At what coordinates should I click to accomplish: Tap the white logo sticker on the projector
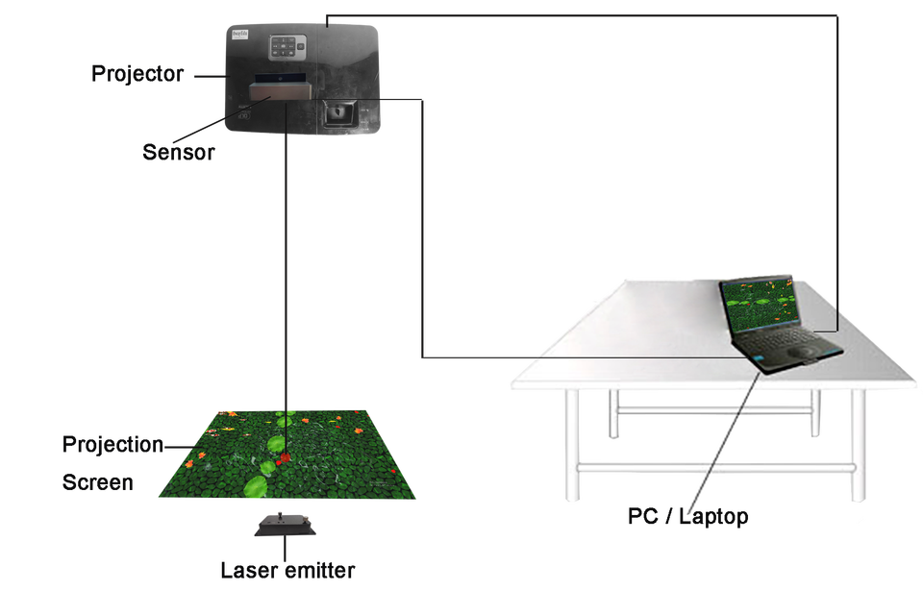(239, 36)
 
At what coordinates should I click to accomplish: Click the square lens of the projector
(337, 112)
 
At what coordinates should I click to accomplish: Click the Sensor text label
(178, 152)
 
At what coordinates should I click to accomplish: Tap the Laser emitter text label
(287, 571)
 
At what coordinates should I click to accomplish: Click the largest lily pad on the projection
(255, 487)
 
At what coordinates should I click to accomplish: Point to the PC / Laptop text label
(687, 517)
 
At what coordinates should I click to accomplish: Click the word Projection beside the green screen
(111, 444)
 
